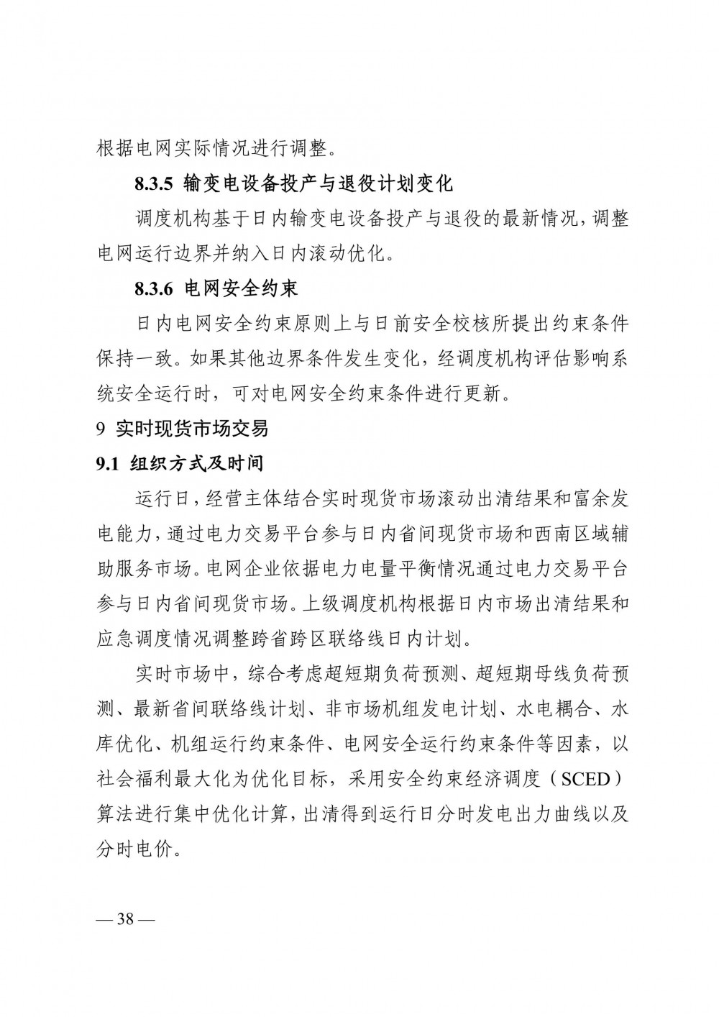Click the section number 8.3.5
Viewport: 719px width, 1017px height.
pyautogui.click(x=154, y=183)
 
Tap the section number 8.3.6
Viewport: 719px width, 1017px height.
pyautogui.click(x=154, y=289)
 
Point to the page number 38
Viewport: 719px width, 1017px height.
pyautogui.click(x=126, y=921)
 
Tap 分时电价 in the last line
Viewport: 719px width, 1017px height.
pyautogui.click(x=134, y=849)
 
